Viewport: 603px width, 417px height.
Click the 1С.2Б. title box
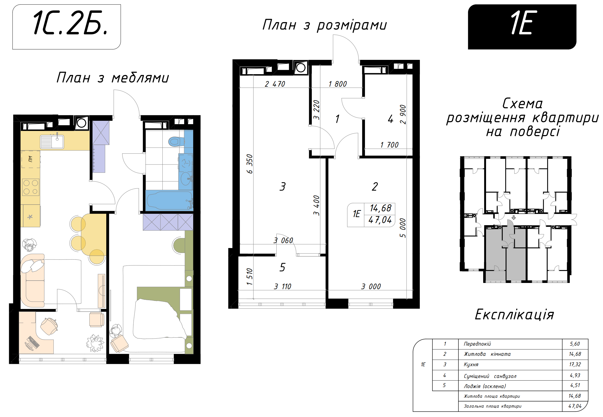[x=67, y=27]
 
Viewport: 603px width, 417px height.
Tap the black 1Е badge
[x=522, y=27]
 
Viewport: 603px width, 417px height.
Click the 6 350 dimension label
[x=250, y=164]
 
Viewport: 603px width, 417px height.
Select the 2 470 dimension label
[x=275, y=84]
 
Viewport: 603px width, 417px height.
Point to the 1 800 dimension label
[x=337, y=84]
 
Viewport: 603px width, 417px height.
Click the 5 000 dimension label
[x=403, y=228]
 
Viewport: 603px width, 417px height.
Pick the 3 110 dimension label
[x=282, y=287]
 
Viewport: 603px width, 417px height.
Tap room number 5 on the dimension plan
[x=282, y=267]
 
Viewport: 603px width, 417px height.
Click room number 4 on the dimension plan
[x=390, y=119]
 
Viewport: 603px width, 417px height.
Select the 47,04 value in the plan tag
[x=380, y=220]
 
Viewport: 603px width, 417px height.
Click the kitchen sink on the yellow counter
[x=52, y=142]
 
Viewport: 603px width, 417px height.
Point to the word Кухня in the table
[x=471, y=364]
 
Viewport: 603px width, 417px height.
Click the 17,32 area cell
[x=575, y=364]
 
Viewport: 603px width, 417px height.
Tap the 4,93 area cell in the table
[x=575, y=375]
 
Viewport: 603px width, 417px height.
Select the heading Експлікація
[x=514, y=315]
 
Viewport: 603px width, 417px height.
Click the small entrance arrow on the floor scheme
[x=514, y=217]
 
